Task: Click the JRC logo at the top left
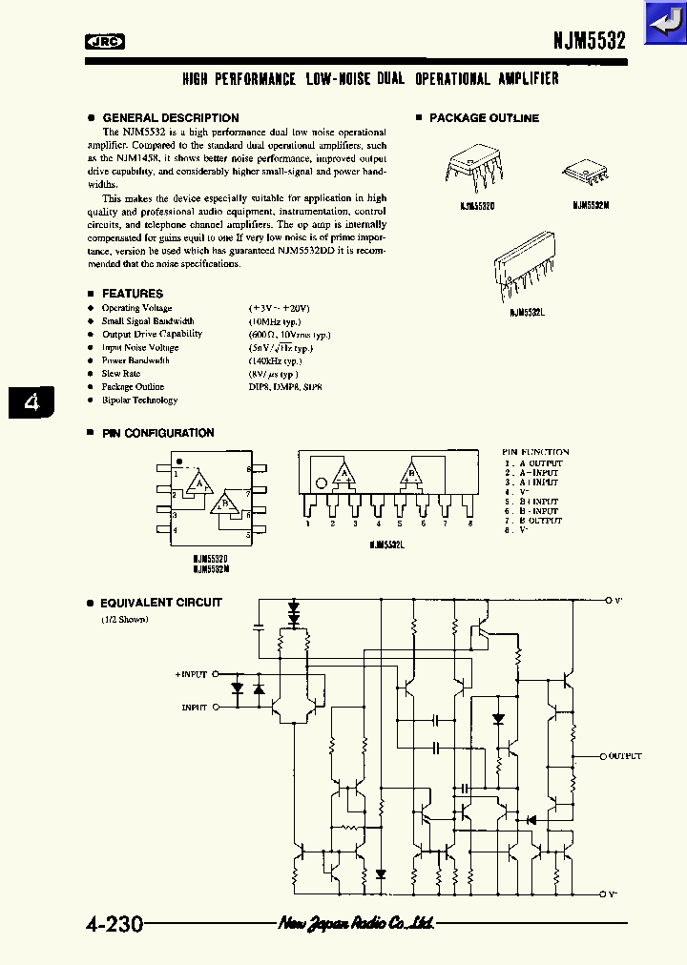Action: point(105,41)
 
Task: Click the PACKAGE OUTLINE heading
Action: point(484,118)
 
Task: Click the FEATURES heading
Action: point(133,294)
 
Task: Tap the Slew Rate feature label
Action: point(121,374)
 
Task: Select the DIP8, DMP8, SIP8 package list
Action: point(285,387)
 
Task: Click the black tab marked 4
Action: point(31,402)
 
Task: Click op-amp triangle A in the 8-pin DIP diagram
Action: point(200,482)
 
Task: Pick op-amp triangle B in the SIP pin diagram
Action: point(412,473)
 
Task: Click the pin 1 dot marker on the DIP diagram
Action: point(178,462)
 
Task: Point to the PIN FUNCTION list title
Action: point(535,452)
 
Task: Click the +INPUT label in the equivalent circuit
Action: point(191,674)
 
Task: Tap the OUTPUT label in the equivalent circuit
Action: point(625,755)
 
